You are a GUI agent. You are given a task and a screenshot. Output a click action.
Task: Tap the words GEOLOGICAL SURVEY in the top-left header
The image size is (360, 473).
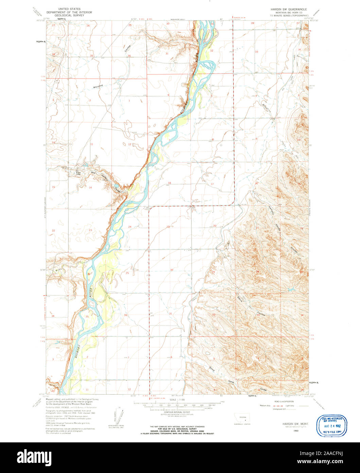pos(69,15)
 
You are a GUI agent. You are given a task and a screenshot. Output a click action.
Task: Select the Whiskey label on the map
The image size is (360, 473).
pos(98,87)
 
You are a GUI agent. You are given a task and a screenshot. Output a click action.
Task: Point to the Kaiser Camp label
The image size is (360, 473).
pos(79,173)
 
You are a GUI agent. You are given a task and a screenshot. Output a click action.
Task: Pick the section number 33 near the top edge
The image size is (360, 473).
pos(257,52)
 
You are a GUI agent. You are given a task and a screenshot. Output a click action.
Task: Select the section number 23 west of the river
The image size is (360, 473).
pos(90,230)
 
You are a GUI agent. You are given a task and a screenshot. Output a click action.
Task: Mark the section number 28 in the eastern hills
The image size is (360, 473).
pos(257,271)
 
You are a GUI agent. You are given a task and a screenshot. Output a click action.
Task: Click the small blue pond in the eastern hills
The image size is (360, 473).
pos(290,290)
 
